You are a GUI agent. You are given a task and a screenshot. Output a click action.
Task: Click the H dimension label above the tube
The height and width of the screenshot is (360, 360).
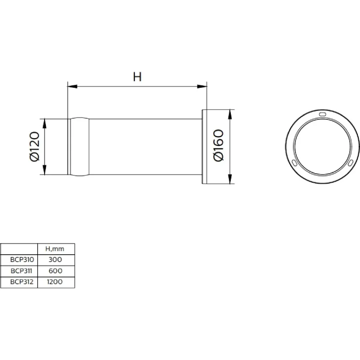[137, 76]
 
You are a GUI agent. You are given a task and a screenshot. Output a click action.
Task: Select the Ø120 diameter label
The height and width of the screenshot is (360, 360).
[35, 147]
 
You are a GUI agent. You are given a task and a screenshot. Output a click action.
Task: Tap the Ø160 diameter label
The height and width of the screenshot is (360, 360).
[218, 145]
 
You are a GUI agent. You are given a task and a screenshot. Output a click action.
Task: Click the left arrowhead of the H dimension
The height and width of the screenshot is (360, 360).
[72, 86]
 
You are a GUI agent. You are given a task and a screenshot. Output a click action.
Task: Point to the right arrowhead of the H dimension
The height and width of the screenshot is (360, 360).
[202, 86]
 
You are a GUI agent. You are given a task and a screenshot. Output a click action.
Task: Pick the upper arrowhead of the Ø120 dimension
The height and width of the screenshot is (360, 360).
[45, 124]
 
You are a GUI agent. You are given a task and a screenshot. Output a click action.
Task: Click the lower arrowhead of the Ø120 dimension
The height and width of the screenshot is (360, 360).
[45, 170]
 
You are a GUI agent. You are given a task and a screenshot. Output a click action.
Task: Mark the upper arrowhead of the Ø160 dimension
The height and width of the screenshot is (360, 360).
[230, 115]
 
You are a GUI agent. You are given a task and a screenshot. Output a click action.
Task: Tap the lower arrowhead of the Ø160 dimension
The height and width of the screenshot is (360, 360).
[230, 179]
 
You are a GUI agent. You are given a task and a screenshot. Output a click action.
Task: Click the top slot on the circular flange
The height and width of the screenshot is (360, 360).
[322, 114]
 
